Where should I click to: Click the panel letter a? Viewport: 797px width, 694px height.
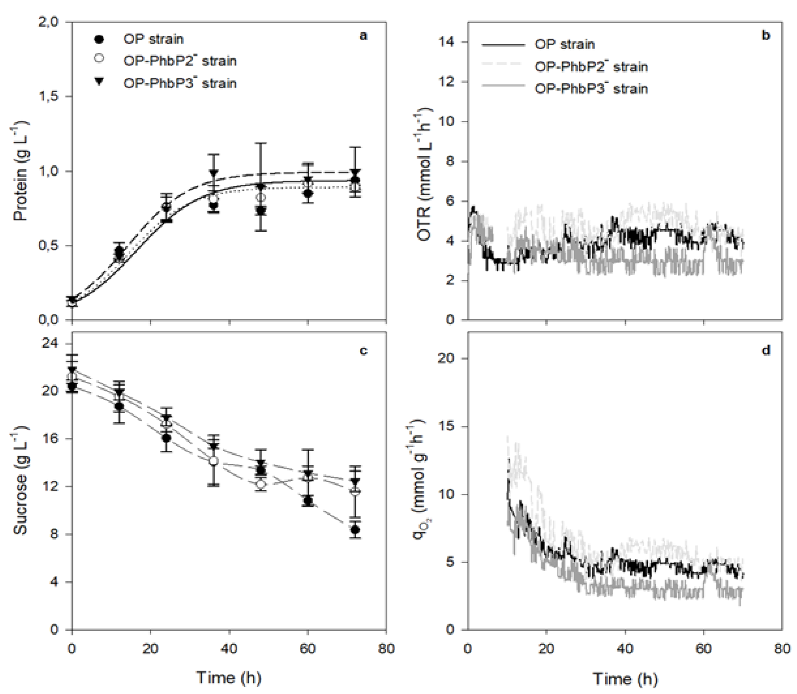[363, 36]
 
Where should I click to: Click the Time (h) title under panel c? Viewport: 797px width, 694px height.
[229, 678]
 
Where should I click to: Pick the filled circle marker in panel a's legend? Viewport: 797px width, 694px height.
[99, 39]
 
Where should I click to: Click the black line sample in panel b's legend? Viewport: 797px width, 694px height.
[503, 45]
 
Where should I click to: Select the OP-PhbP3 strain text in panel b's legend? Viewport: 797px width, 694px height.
[591, 89]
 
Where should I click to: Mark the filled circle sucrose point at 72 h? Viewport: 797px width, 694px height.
[355, 529]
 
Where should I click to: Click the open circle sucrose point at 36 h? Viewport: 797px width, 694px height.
[213, 461]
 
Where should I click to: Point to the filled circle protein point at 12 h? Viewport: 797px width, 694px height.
[119, 251]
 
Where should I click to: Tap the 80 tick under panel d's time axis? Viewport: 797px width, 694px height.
[781, 649]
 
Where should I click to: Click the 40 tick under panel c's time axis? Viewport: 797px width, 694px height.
[229, 648]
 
